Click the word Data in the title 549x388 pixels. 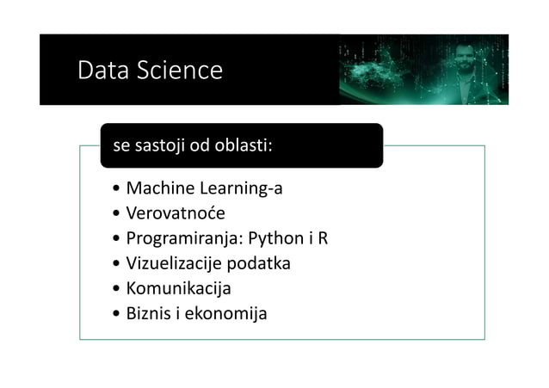[x=102, y=71]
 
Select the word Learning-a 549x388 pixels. [x=241, y=188]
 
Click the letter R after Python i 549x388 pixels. [x=323, y=238]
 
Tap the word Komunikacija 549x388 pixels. [x=178, y=288]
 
